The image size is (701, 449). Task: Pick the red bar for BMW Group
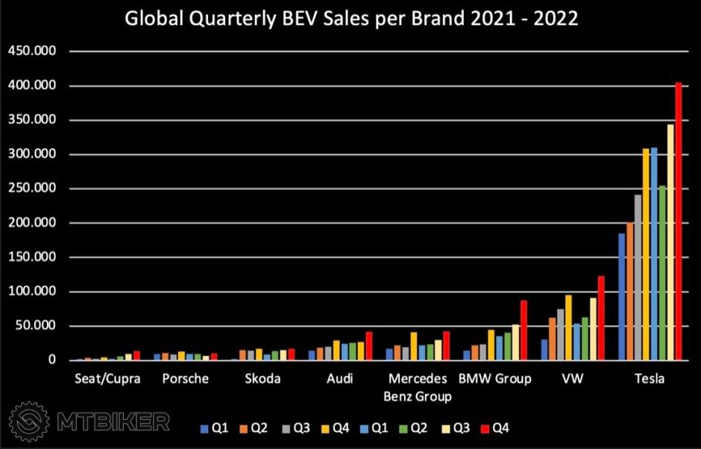click(x=524, y=331)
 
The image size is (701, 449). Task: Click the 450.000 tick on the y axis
click(x=31, y=51)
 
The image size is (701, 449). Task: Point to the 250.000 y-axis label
click(x=31, y=189)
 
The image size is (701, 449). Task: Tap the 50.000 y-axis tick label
click(x=34, y=326)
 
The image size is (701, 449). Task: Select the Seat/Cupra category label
click(x=107, y=379)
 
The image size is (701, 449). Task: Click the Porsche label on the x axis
click(x=185, y=379)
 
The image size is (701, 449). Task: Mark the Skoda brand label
click(x=263, y=379)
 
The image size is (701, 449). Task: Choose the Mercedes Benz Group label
click(x=418, y=387)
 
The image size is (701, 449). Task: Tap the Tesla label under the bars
click(x=649, y=379)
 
